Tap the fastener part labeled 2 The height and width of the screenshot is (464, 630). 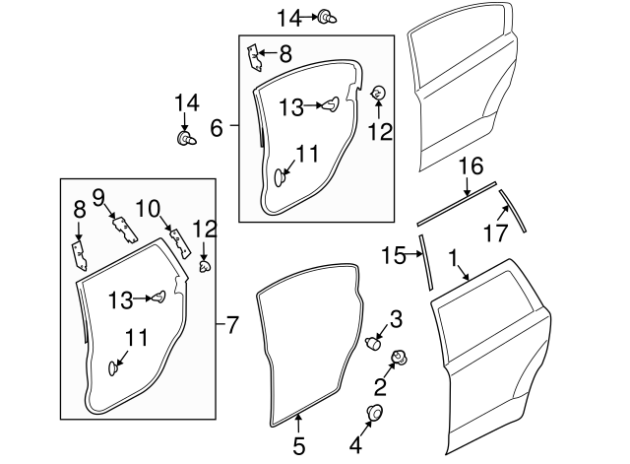coord(400,359)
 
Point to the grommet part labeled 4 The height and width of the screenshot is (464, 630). coord(375,413)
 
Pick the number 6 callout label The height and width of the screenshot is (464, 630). coord(218,126)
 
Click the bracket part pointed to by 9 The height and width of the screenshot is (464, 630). coord(122,227)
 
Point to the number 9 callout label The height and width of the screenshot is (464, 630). coord(98,197)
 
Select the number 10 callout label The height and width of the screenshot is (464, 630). coord(147,208)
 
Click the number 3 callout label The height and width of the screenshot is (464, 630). coord(395,318)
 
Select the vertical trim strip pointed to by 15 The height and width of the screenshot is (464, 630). coord(425,262)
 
